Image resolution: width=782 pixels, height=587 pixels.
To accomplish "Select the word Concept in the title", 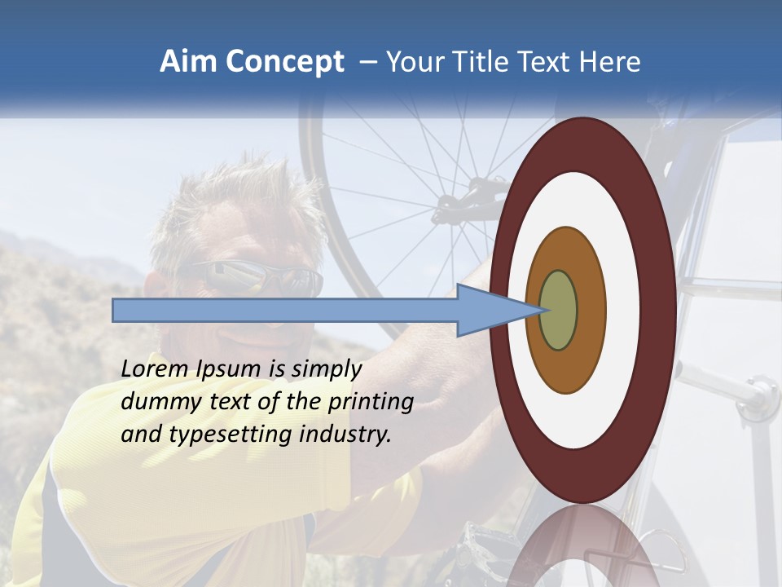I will (x=285, y=63).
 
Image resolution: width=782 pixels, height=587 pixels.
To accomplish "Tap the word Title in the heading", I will (x=481, y=62).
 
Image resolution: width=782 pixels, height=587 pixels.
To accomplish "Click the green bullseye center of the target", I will (x=558, y=310).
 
